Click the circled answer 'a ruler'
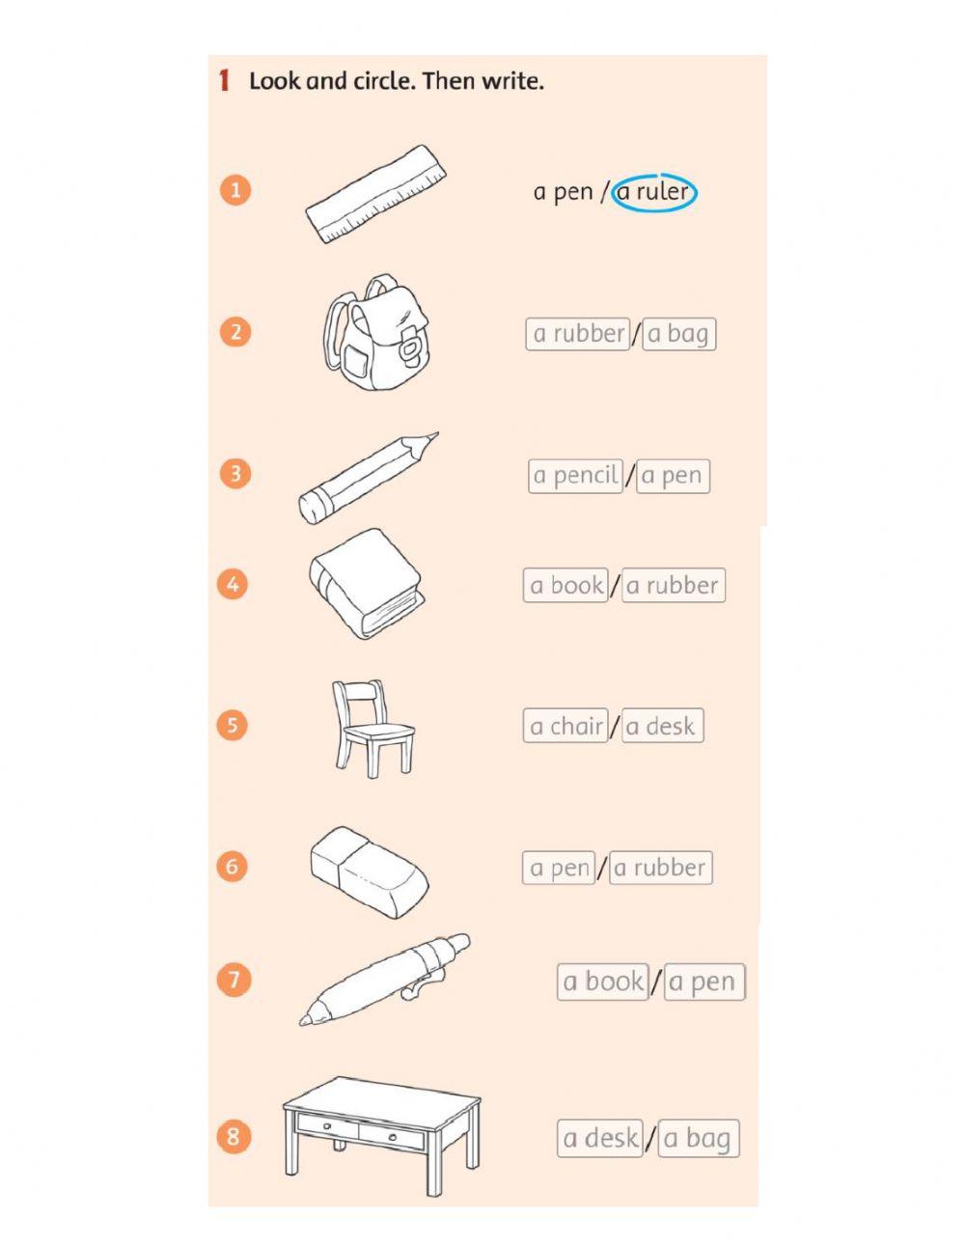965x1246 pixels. (x=654, y=192)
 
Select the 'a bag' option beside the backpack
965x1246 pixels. (x=678, y=334)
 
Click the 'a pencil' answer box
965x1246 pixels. (x=575, y=476)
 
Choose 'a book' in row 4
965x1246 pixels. (x=565, y=586)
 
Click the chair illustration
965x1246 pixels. (x=372, y=727)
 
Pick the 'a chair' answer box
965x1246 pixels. (x=565, y=727)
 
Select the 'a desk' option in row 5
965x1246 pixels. (x=661, y=727)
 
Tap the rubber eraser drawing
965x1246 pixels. (x=369, y=868)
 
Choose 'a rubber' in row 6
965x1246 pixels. (x=660, y=868)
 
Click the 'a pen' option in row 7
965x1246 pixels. (x=703, y=983)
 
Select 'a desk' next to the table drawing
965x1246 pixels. (x=599, y=1139)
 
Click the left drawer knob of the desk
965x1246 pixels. (x=327, y=1125)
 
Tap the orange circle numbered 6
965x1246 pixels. (x=232, y=866)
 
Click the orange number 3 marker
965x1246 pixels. (x=234, y=474)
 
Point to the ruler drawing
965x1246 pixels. (x=376, y=194)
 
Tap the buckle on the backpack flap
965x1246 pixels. (x=410, y=343)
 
